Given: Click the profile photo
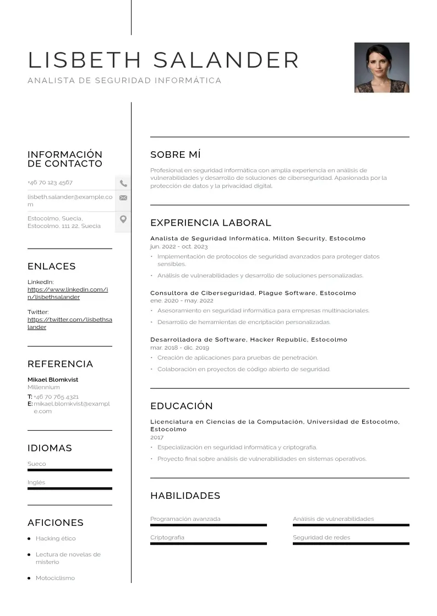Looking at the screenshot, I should point(381,68).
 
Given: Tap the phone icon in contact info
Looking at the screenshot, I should point(123,183).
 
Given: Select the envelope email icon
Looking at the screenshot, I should point(123,198).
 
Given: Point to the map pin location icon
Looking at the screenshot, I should point(123,219).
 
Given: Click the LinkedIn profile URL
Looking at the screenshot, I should point(67,293).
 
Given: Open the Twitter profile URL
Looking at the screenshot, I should point(69,323).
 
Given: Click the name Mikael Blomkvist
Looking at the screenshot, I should point(53,380).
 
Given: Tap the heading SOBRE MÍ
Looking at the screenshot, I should point(176,155).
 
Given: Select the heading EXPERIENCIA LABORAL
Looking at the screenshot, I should point(211,223).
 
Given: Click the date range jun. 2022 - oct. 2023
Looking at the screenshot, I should point(179,247).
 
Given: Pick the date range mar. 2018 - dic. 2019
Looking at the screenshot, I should point(179,348).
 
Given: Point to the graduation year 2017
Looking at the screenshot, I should point(157,437).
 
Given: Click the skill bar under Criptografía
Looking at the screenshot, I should point(208,543).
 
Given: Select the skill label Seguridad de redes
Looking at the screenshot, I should point(321,537).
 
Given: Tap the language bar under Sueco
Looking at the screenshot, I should point(69,470).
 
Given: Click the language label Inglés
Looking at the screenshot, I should point(36,482).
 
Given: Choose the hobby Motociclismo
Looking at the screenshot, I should point(55,578).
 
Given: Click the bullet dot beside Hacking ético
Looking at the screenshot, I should point(29,539).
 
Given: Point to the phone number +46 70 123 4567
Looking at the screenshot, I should point(50,182).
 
